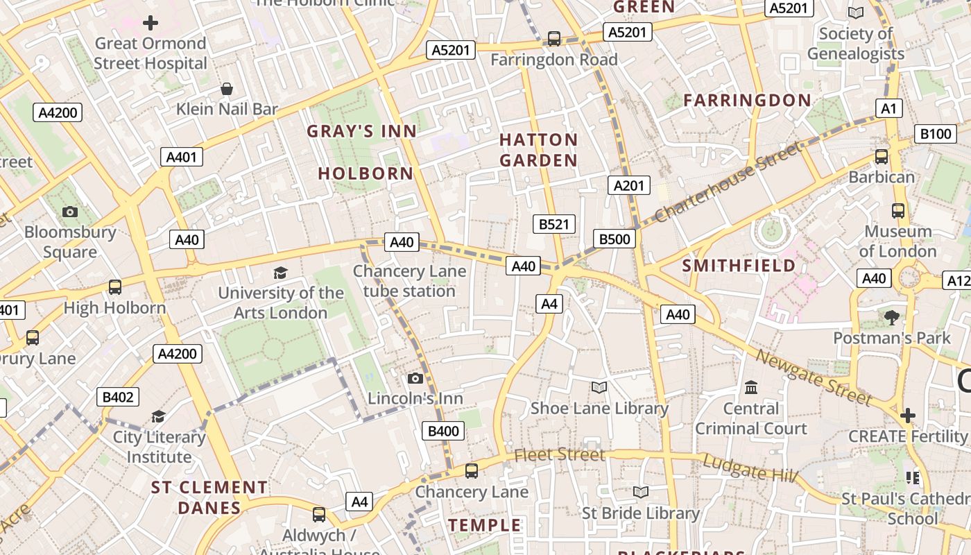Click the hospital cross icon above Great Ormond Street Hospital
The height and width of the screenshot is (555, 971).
pos(151,23)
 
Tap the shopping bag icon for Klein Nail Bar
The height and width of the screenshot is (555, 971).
pos(227,89)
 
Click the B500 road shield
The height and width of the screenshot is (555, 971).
pos(615,239)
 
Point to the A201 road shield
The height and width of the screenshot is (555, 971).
pos(629,185)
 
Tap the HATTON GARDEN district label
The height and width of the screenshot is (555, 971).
pos(538,150)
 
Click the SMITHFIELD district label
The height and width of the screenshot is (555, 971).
pos(739,266)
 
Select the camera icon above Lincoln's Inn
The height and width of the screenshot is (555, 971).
pos(415,378)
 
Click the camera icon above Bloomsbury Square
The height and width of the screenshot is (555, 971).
pos(70,212)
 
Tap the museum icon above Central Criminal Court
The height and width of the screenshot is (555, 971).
pos(751,387)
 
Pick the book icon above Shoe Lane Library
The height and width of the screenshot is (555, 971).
pos(599,387)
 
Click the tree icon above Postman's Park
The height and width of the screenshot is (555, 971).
pos(892,317)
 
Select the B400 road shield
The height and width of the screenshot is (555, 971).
pos(443,431)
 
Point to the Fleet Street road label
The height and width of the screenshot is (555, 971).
pos(560,455)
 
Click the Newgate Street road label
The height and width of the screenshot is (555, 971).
pos(813,377)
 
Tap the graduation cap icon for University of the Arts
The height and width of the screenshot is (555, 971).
pos(280,273)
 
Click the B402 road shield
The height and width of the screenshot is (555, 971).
pos(118,397)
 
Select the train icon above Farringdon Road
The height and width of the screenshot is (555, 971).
pos(553,38)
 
